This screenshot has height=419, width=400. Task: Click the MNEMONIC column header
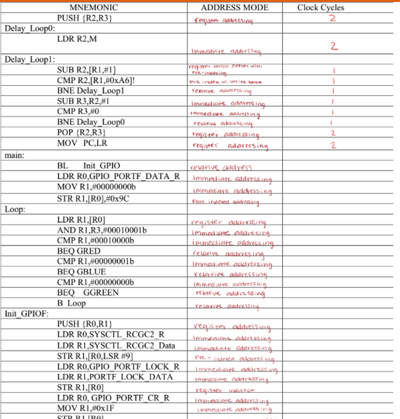click(x=94, y=7)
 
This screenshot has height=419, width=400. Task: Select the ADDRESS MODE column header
click(x=235, y=7)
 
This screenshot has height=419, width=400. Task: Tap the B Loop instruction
click(x=72, y=303)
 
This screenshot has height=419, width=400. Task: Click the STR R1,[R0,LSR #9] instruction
click(x=103, y=356)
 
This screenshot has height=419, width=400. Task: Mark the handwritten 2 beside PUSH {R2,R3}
click(x=331, y=19)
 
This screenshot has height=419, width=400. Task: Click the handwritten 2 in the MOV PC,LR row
click(x=332, y=145)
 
